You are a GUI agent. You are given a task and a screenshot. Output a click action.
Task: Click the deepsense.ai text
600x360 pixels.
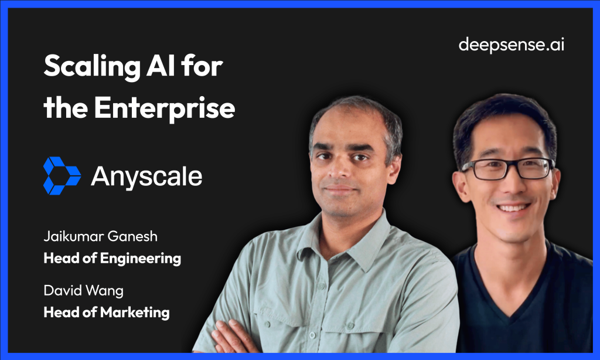coord(511,45)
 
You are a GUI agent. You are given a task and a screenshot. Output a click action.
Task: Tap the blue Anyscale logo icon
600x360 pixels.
coord(62,176)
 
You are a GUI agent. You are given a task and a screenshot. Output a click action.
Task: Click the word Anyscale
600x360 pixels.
coord(146,176)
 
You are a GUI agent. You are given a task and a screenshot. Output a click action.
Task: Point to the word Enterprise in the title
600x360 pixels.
coord(165,108)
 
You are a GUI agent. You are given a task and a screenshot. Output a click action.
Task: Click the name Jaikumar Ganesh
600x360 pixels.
coord(101,236)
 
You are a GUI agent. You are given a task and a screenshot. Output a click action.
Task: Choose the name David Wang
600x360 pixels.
coord(83,290)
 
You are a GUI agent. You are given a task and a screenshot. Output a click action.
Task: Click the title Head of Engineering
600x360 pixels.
coord(112,258)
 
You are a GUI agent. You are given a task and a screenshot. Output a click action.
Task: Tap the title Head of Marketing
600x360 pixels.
coord(107,312)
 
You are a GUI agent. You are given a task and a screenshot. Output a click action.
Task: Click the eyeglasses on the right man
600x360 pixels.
coord(507,168)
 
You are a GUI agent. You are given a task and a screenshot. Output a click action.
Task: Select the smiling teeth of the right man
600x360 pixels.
coord(513,208)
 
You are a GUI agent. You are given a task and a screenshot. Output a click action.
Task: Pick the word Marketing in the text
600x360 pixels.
coord(135,313)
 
